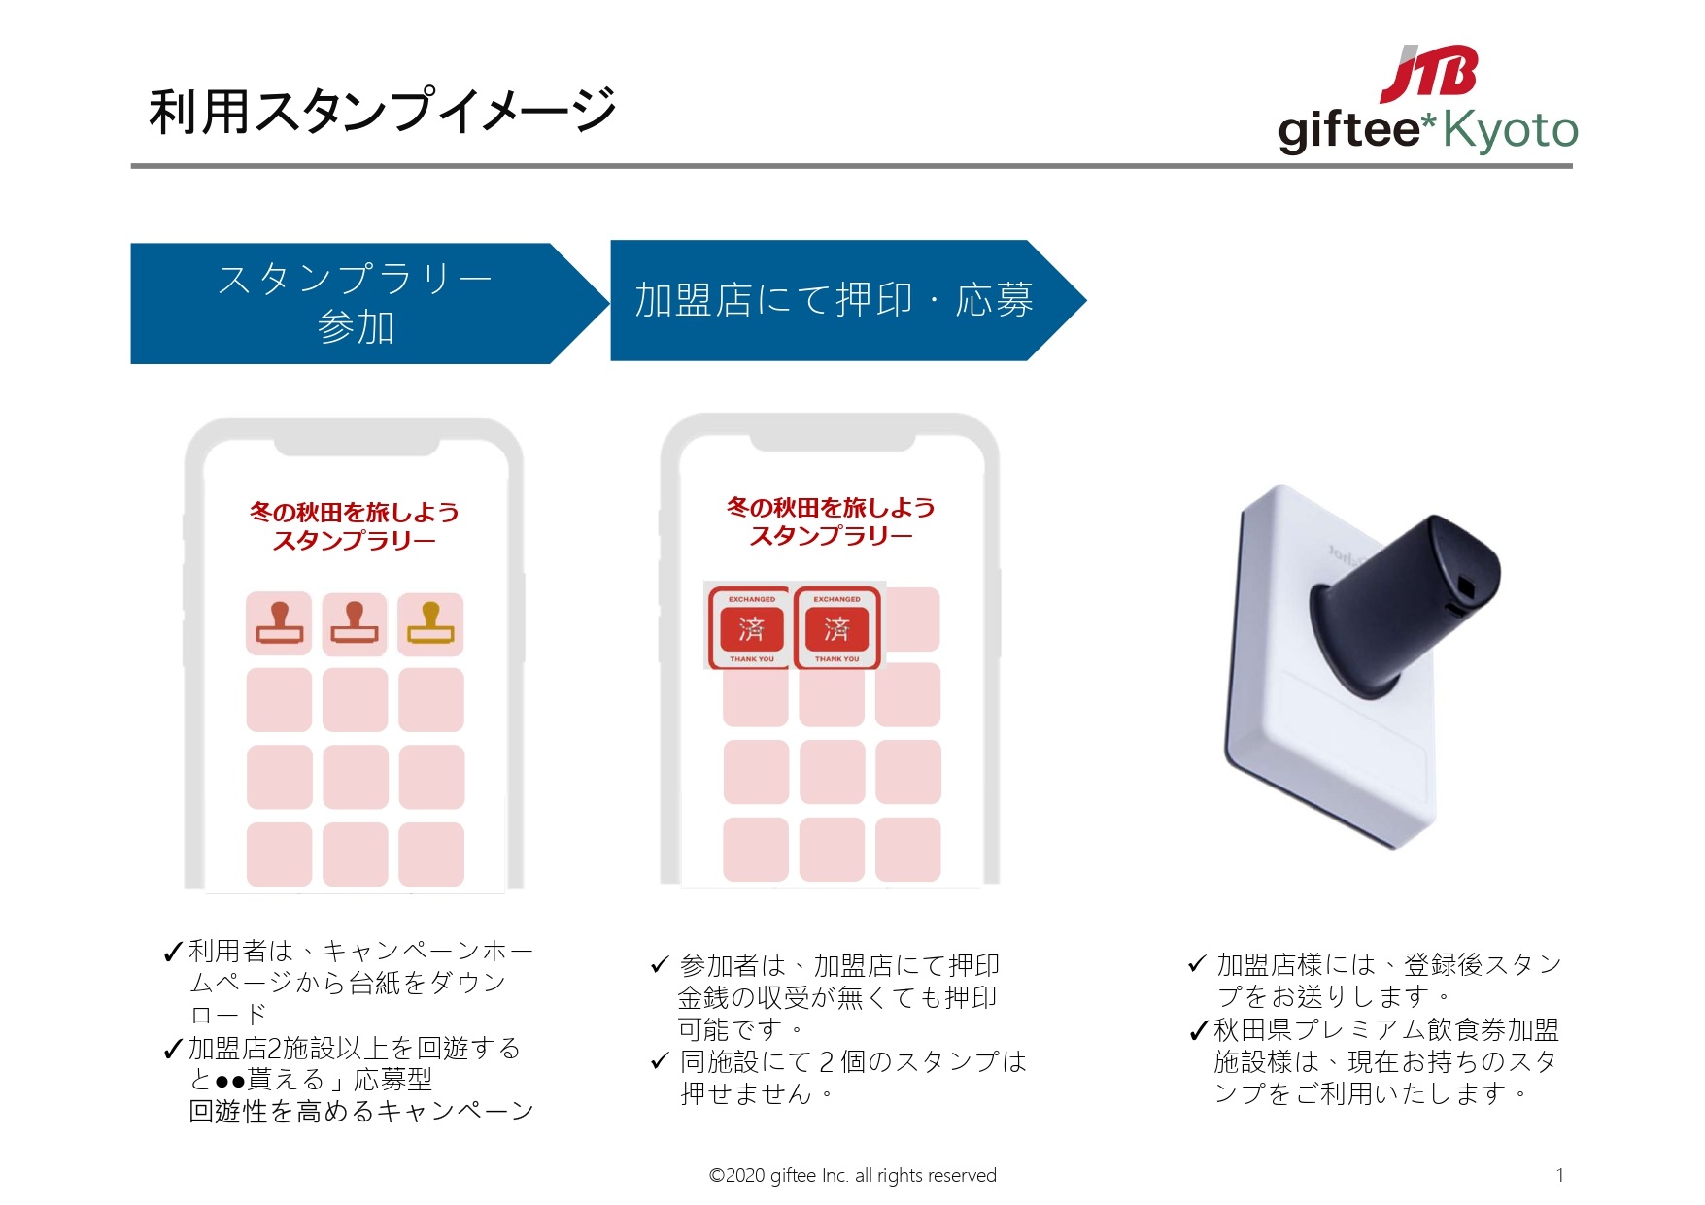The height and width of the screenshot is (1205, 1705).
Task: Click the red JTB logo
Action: pos(1430,74)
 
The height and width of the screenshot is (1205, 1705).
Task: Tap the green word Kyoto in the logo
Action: pos(1511,130)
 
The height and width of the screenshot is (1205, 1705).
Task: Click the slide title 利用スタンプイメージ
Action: pos(383,110)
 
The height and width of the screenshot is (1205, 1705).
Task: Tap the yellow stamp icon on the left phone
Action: pos(430,623)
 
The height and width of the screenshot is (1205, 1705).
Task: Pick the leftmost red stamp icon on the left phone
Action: pos(279,623)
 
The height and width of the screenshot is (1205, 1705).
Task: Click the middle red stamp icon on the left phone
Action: pos(355,623)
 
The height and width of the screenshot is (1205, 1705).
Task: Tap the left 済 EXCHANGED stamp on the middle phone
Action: pos(751,627)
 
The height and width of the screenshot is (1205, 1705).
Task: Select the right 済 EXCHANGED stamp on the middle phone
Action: pos(836,627)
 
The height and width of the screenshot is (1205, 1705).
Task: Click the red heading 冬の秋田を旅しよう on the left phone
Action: pos(354,512)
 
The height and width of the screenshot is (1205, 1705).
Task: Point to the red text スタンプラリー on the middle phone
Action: pos(831,536)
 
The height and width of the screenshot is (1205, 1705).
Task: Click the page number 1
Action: pos(1559,1175)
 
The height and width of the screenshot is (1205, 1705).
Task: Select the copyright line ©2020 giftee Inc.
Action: pos(852,1175)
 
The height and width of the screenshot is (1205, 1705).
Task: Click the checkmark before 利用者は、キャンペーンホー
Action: pos(174,952)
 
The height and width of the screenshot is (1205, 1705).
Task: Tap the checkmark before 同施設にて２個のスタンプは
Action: pos(661,1061)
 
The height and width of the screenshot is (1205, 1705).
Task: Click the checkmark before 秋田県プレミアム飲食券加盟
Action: pos(1200,1030)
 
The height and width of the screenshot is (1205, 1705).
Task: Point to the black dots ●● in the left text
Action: pos(230,1081)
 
